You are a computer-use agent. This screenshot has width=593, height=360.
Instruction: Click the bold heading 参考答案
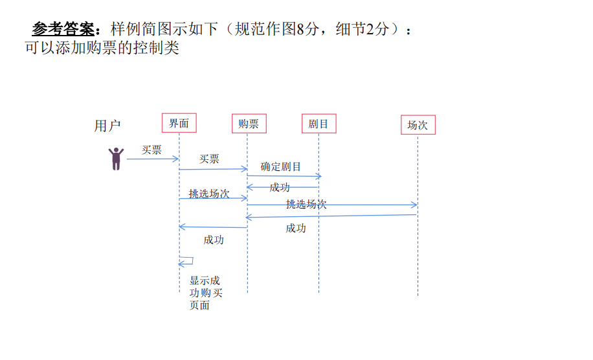tap(64, 29)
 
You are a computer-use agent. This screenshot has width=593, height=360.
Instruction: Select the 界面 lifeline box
tap(179, 123)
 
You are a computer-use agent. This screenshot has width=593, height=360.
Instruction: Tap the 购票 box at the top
tap(249, 124)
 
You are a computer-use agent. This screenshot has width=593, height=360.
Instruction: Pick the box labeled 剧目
tap(319, 124)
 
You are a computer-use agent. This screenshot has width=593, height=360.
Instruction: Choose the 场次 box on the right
tap(418, 125)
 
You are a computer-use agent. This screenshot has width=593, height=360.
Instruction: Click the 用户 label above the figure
tap(107, 126)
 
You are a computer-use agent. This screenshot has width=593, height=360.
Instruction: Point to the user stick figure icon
tap(116, 159)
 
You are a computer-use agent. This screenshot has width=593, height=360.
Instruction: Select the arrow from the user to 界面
tap(152, 159)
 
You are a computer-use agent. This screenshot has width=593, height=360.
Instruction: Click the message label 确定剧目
tap(281, 166)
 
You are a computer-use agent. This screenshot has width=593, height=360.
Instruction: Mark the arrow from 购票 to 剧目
tap(284, 175)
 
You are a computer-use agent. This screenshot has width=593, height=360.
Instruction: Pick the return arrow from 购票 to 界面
tap(213, 227)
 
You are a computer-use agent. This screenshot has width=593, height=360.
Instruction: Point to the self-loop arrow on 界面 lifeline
tap(186, 262)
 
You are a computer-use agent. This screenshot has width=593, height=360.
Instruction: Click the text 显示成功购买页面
tap(205, 293)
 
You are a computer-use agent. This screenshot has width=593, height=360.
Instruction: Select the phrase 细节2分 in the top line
tap(363, 29)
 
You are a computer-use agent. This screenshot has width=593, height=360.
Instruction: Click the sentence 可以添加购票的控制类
tap(102, 49)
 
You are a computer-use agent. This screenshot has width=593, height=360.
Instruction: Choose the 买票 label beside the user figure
tap(152, 150)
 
